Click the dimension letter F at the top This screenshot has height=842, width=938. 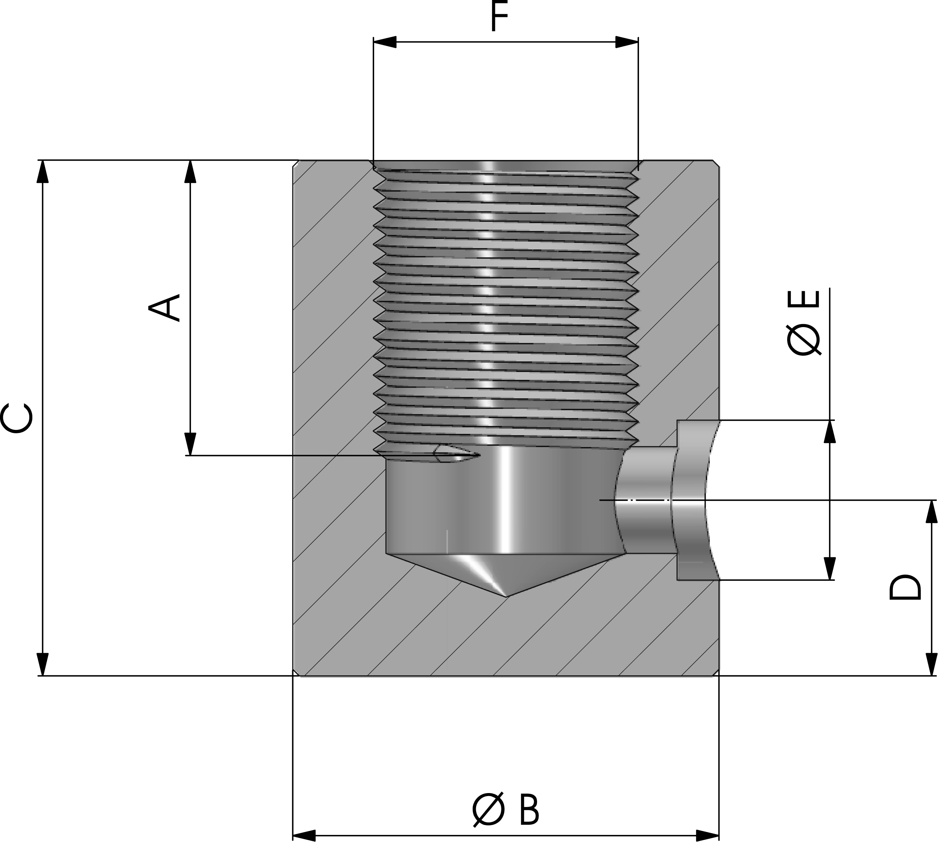pyautogui.click(x=499, y=16)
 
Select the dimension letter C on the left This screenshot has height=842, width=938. pyautogui.click(x=17, y=419)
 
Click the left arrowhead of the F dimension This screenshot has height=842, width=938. pyautogui.click(x=385, y=42)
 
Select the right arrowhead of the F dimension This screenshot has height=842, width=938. pyautogui.click(x=627, y=42)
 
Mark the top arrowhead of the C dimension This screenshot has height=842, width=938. pyautogui.click(x=42, y=171)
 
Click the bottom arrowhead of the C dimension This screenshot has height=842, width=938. pyautogui.click(x=42, y=664)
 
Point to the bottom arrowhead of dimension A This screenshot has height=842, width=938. pyautogui.click(x=190, y=444)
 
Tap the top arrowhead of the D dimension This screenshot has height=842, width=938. pyautogui.click(x=930, y=512)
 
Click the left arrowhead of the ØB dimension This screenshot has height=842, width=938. pyautogui.click(x=304, y=836)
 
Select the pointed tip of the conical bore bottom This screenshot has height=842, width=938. pyautogui.click(x=507, y=596)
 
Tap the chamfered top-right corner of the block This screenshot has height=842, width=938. pyautogui.click(x=716, y=163)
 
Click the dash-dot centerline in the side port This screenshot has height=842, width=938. pyautogui.click(x=643, y=500)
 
